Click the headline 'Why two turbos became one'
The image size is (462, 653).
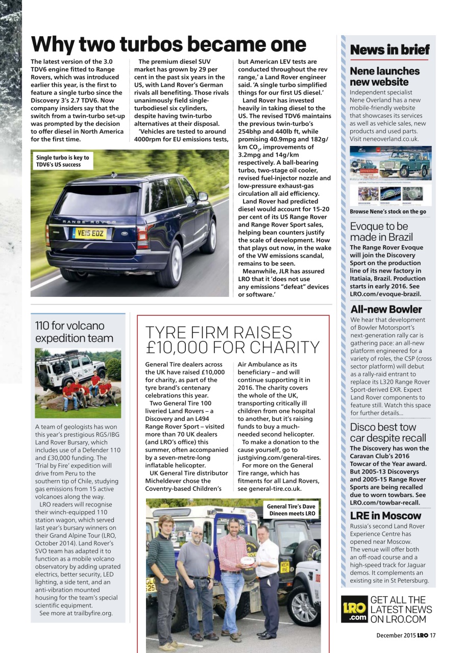[168, 44]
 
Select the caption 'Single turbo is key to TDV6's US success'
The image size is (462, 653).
[62, 161]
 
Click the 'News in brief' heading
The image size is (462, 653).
[390, 50]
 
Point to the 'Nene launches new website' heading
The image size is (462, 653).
[384, 77]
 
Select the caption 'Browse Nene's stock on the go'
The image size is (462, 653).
[388, 212]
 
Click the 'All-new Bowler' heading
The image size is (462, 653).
[386, 310]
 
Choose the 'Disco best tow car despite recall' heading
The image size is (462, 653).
[388, 433]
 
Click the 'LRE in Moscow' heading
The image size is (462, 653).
[385, 516]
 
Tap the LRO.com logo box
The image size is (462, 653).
[354, 609]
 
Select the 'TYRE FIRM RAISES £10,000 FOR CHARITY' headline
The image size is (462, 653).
[232, 340]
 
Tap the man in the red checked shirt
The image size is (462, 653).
[232, 561]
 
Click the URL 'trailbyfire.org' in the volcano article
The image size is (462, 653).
[90, 613]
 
